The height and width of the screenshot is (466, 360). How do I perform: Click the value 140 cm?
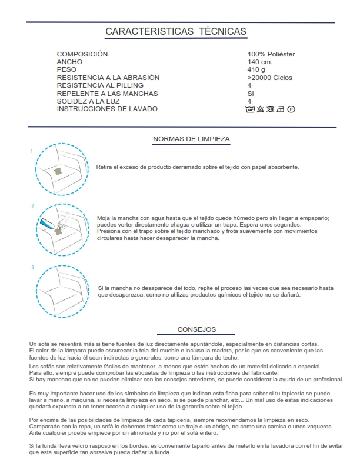pos(259,62)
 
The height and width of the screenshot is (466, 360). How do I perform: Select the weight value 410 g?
pos(256,69)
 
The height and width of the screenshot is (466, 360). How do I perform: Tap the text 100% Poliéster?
pos(271,54)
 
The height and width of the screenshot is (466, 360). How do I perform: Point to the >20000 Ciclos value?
pos(270,78)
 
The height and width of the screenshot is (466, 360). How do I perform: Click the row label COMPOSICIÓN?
pos(82,54)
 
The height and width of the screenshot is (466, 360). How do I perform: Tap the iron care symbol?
pos(281,109)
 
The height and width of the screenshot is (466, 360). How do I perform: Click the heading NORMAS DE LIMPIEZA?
pos(191,139)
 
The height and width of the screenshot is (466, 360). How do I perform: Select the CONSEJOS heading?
pos(196,329)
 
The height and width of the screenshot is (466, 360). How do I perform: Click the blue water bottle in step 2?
pos(46,224)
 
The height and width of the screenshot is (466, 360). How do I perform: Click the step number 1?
pos(31,151)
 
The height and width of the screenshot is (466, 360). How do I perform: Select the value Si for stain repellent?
pos(251,94)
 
